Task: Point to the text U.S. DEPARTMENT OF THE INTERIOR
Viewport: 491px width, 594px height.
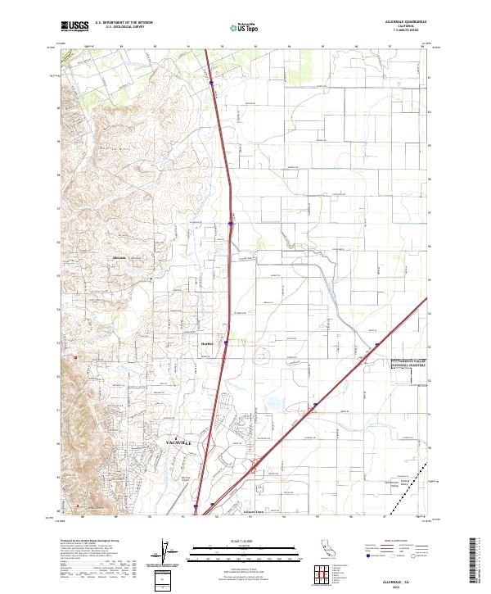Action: (x=124, y=22)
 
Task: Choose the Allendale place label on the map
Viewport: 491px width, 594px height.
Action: (x=119, y=258)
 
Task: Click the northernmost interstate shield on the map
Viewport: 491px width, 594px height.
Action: (x=211, y=82)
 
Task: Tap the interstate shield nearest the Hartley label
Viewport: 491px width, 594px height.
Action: (x=226, y=344)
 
